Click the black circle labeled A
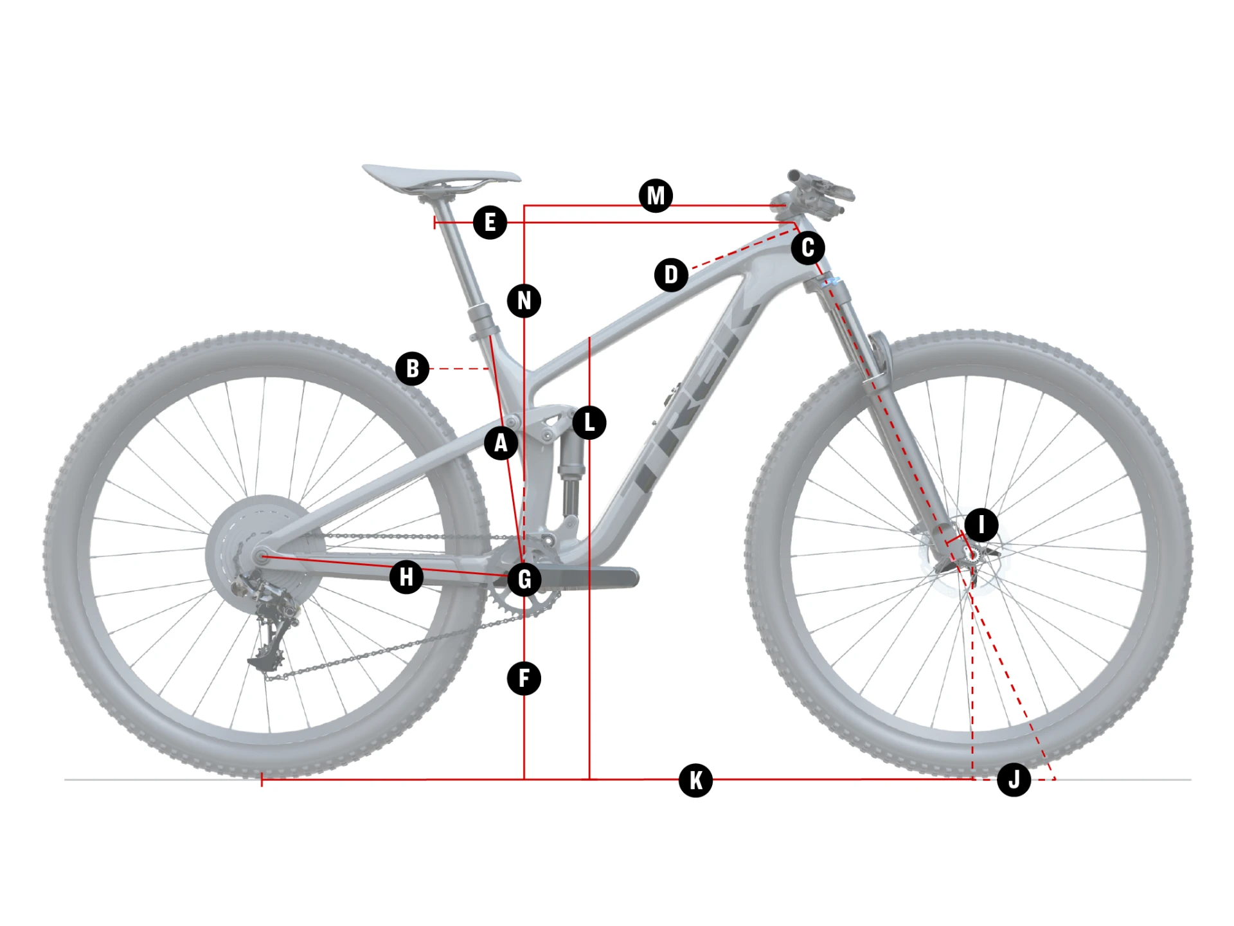click(x=501, y=442)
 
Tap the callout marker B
click(x=412, y=368)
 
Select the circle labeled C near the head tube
click(x=808, y=248)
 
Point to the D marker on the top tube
click(x=671, y=275)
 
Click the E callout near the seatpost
click(x=490, y=222)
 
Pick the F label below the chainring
click(x=524, y=678)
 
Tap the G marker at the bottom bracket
click(x=524, y=579)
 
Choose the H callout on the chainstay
click(x=406, y=577)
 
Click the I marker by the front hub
click(x=981, y=525)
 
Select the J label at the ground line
click(x=1014, y=780)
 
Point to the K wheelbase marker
click(x=695, y=781)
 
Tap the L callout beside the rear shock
click(x=589, y=422)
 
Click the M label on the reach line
click(x=656, y=195)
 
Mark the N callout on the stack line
click(x=524, y=300)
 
